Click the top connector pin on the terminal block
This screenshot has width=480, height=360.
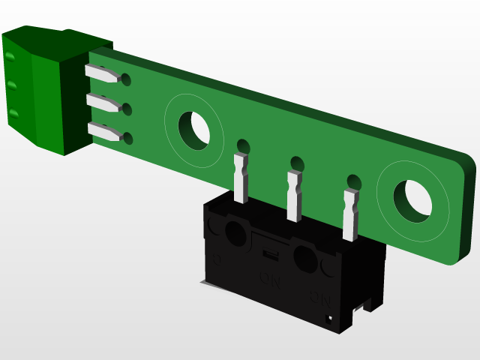(x=102, y=73)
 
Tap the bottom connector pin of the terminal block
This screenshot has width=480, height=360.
(x=105, y=133)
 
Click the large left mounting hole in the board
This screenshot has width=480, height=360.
(x=194, y=128)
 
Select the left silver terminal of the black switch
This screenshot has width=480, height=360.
(x=241, y=178)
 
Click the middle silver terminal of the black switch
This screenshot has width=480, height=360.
(x=293, y=196)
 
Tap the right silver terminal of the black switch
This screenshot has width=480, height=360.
(x=350, y=214)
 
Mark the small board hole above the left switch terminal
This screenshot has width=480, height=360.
(x=243, y=145)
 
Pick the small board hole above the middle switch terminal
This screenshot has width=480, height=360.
(x=297, y=163)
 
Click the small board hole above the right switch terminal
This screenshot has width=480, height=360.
(x=353, y=181)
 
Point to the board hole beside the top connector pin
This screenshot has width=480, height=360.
(x=125, y=79)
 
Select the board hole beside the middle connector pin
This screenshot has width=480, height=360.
(x=127, y=109)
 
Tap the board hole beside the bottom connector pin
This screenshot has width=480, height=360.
(x=129, y=139)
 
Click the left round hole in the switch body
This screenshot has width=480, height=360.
(x=235, y=231)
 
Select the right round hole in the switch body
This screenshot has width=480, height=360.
(x=306, y=258)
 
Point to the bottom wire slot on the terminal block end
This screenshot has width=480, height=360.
(x=14, y=113)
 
